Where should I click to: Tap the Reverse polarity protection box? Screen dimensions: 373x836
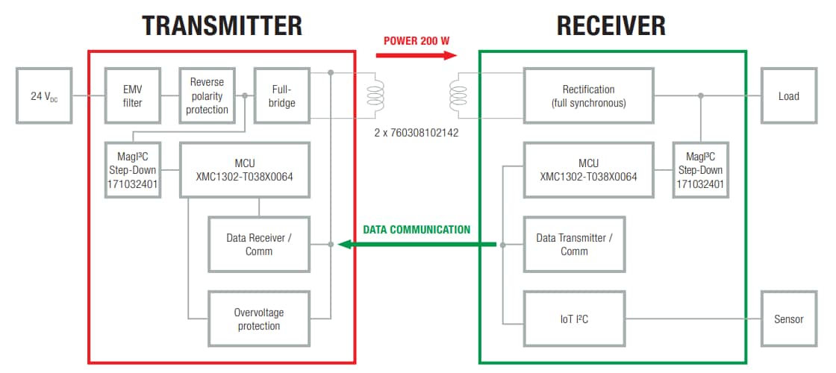[207, 95]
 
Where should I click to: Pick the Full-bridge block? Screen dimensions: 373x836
[281, 95]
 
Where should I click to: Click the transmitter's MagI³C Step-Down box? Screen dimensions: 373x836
[132, 171]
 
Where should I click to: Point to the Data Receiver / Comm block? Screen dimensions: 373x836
[259, 245]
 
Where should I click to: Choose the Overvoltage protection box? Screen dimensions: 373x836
[259, 319]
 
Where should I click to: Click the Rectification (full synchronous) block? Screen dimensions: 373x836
[589, 95]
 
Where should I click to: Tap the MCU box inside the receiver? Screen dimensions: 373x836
[589, 171]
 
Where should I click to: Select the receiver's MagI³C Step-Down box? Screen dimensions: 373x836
[700, 171]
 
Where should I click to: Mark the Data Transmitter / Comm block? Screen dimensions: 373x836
[574, 245]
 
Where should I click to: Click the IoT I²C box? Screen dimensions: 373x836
[574, 319]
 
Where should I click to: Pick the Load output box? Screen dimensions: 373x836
[788, 95]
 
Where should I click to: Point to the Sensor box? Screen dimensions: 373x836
[788, 319]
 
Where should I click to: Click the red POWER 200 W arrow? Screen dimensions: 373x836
[418, 54]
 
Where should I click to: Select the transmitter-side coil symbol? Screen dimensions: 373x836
[374, 95]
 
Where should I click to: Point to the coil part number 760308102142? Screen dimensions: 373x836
[417, 133]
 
